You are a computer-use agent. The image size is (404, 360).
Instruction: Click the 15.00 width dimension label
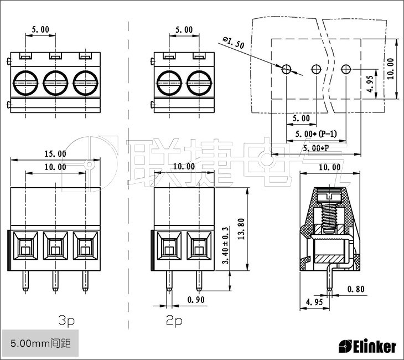point(55,154)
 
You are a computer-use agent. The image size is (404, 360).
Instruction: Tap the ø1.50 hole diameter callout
point(234,43)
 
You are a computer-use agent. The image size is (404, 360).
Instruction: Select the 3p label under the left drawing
point(66,321)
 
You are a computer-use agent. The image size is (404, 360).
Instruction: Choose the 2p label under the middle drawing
point(174,321)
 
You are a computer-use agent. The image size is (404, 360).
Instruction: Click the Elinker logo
point(367,347)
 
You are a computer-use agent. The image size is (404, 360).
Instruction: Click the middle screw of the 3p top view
point(55,83)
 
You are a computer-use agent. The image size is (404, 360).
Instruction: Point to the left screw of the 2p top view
point(169,83)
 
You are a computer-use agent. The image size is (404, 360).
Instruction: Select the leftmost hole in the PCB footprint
point(286,69)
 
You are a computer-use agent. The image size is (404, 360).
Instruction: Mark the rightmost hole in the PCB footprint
point(346,69)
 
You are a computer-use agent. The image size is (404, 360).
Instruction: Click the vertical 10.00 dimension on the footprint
point(392,69)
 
